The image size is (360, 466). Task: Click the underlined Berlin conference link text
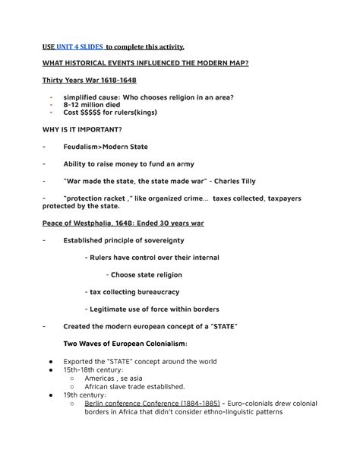pyautogui.click(x=113, y=404)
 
